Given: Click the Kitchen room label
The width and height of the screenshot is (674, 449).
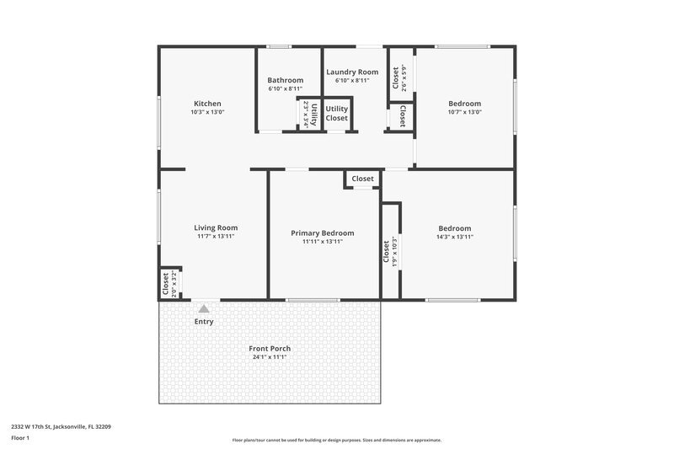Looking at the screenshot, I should [x=207, y=104].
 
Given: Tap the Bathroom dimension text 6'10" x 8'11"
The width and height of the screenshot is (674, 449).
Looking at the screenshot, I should [x=285, y=88].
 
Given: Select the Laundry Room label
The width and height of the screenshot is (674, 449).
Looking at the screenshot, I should [x=351, y=72].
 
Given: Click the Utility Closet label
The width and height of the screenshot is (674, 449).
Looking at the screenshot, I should [x=337, y=114].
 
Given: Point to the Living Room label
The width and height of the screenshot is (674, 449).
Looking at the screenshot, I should [x=216, y=227].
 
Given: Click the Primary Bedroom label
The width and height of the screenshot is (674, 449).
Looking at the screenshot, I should [x=322, y=233].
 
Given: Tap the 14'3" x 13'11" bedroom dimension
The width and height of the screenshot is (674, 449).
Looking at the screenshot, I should [x=454, y=238].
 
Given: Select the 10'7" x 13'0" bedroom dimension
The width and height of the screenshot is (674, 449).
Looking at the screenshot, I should [x=464, y=112].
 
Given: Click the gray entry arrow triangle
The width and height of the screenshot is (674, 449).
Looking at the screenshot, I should [x=204, y=309].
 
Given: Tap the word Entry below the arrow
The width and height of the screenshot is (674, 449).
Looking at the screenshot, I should [x=204, y=322].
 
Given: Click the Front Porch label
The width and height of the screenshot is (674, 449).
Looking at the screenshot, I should [x=270, y=349].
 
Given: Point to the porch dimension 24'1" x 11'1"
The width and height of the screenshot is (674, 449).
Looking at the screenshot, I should [x=270, y=357].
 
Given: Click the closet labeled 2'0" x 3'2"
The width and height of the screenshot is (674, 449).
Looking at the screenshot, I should [x=169, y=284].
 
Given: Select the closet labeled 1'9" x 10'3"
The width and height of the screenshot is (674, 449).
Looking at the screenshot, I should [x=390, y=250].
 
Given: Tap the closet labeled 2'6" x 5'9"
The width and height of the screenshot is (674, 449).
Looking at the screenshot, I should [x=399, y=78].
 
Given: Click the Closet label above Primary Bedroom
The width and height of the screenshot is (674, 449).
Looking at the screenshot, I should [x=362, y=179].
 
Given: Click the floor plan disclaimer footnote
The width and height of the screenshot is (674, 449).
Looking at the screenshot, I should [x=336, y=440].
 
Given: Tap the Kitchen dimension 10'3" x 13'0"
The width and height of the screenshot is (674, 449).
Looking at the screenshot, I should [x=207, y=112].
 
